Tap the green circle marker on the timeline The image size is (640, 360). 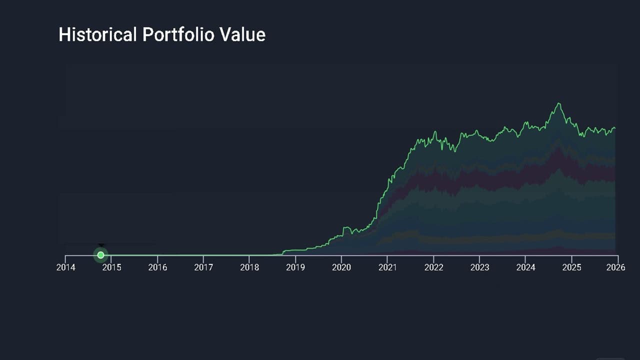(x=100, y=255)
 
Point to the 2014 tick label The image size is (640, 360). (x=65, y=267)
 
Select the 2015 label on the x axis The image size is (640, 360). (x=111, y=267)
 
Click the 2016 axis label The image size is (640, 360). (x=157, y=267)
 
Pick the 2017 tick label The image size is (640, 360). (x=203, y=267)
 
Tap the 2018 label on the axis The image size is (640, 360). (x=249, y=267)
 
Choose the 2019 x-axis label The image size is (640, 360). (x=295, y=267)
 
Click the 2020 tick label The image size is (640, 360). (x=341, y=267)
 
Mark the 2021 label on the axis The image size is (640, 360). (x=387, y=267)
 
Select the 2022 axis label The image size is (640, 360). (x=433, y=267)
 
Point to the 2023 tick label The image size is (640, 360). (x=479, y=267)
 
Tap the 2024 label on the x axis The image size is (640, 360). (x=525, y=267)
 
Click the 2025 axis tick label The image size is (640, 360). (x=571, y=267)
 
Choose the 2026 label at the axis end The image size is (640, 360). (x=616, y=267)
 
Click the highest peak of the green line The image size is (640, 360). (x=558, y=103)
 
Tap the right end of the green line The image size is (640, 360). (x=614, y=128)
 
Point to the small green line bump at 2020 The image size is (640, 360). (x=345, y=227)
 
